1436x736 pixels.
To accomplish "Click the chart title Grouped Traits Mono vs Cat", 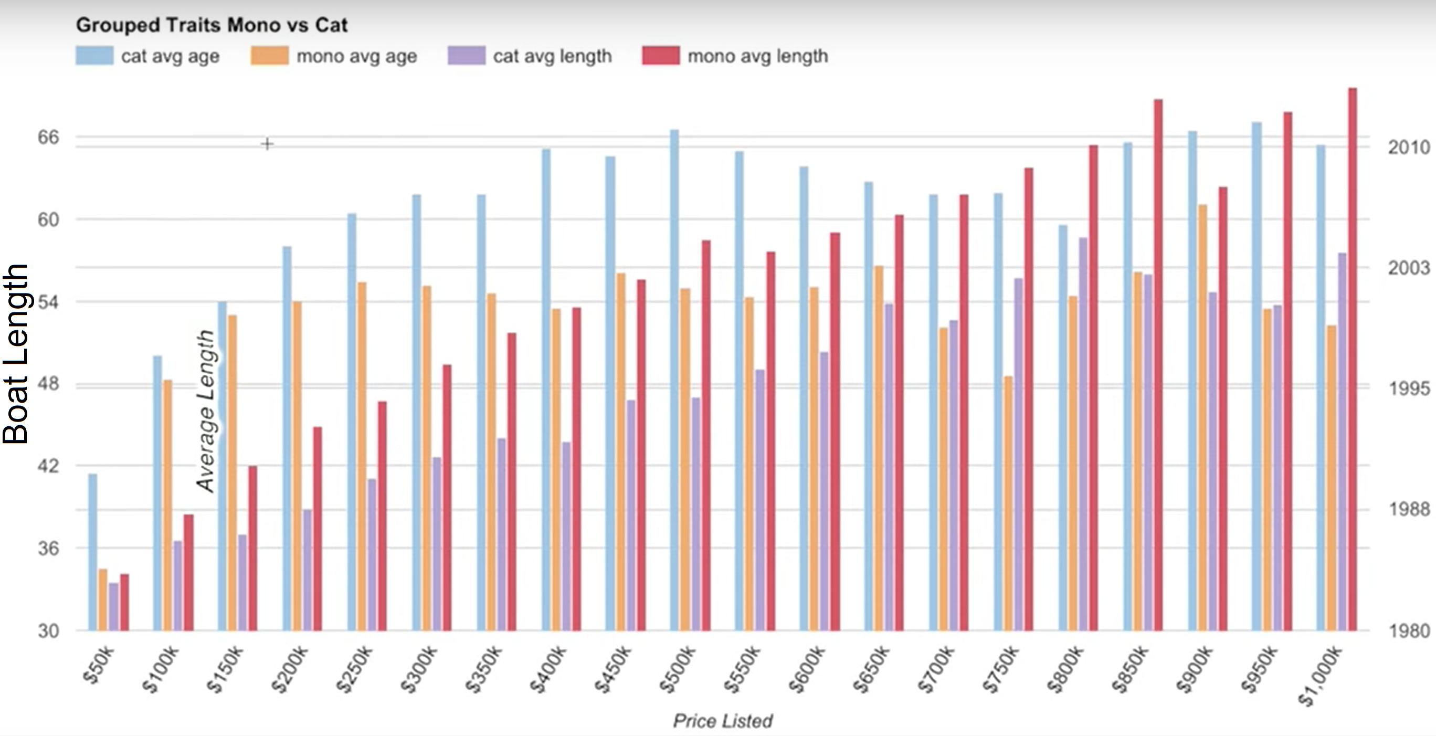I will [x=212, y=25].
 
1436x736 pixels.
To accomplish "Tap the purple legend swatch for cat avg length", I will [x=466, y=56].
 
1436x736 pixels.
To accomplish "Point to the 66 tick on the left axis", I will [x=48, y=137].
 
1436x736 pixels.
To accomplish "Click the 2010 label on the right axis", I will [x=1408, y=148].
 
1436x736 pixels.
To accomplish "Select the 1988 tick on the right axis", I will [x=1408, y=509].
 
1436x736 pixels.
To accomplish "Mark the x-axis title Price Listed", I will [x=722, y=721].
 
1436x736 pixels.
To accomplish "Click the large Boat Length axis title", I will [x=16, y=354].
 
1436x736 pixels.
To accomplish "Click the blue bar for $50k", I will [x=92, y=552].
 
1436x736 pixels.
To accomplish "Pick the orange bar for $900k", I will [x=1202, y=418].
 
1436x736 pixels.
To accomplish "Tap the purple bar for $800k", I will [x=1083, y=435].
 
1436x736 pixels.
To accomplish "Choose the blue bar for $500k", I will [x=674, y=379].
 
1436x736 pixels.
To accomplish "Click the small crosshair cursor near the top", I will [x=267, y=144].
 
